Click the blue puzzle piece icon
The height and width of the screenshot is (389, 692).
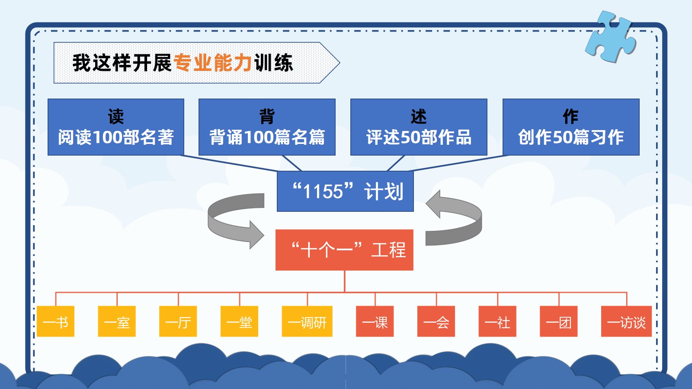611,37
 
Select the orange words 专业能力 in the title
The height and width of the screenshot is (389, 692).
212,63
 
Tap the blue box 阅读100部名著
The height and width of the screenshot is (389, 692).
116,127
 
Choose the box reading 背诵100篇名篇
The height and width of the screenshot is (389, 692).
267,127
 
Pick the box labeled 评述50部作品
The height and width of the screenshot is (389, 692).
419,127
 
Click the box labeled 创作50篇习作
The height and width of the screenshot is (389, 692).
571,127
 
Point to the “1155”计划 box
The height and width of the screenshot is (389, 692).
345,191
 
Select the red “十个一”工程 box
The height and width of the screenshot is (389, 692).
344,250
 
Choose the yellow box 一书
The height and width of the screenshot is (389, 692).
56,321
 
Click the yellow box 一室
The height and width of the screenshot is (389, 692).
117,321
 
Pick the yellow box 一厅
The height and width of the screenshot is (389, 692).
178,321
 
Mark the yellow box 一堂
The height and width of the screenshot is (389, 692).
240,321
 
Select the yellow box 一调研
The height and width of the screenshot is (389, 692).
307,321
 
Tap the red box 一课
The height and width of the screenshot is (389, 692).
375,321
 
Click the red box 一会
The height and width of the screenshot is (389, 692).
436,321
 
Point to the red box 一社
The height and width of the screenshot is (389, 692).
497,321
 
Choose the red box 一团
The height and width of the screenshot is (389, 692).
558,321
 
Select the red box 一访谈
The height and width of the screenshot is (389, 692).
627,321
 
